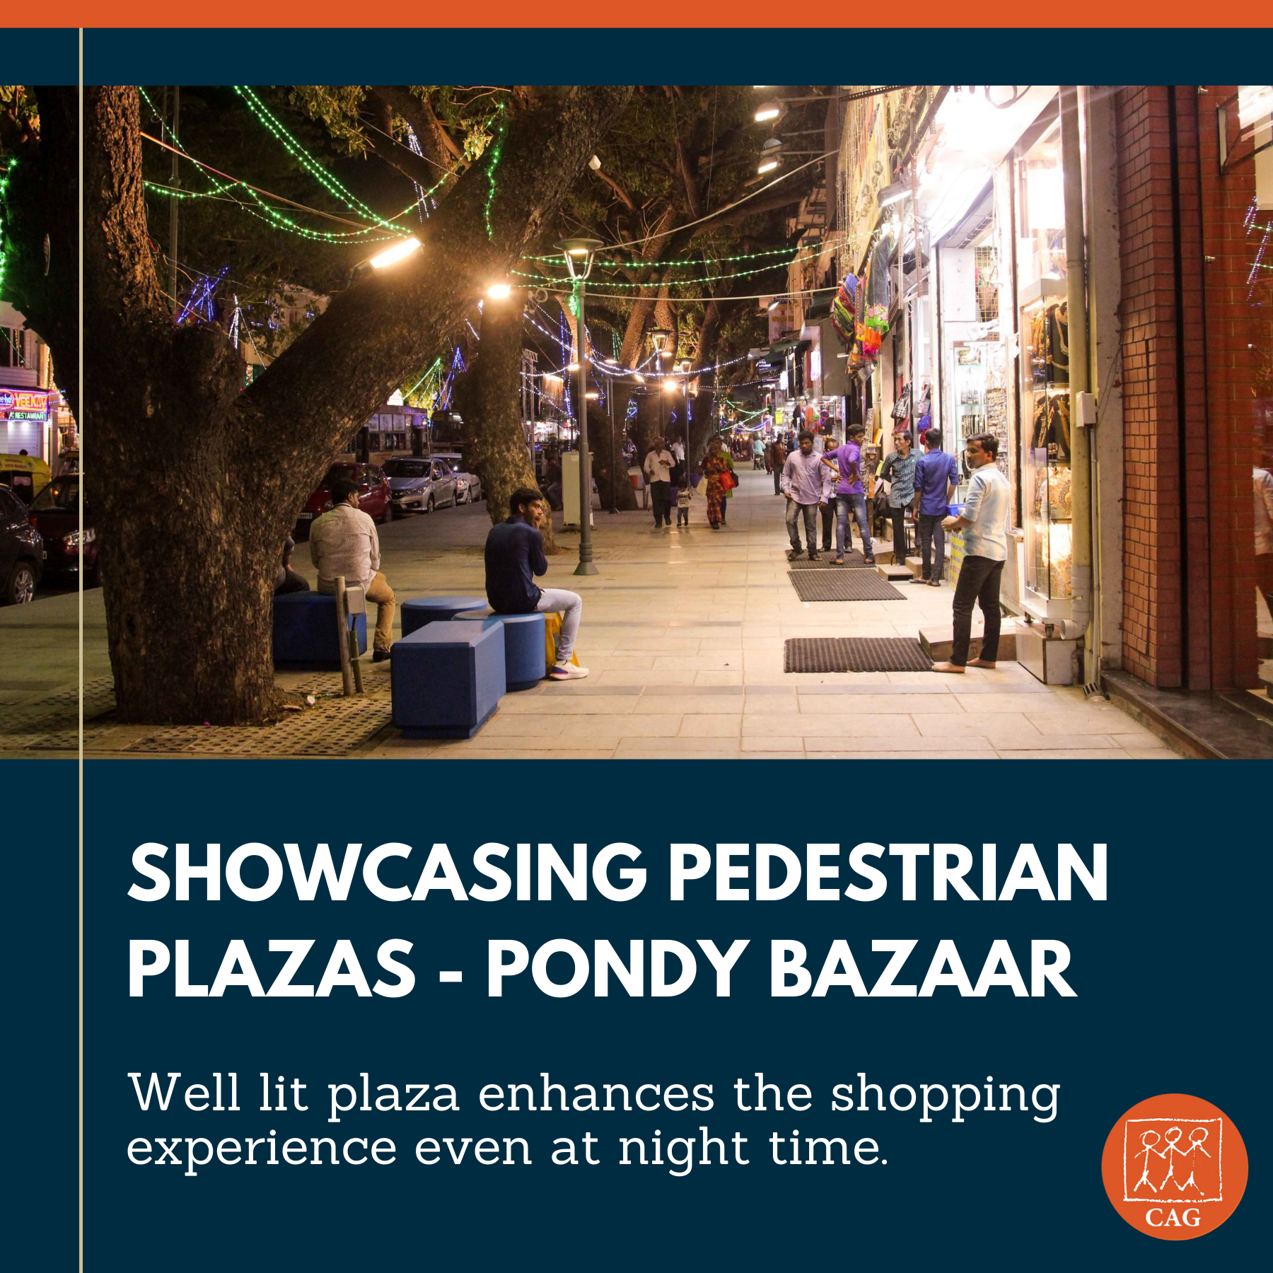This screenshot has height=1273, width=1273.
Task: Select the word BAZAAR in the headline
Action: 922,969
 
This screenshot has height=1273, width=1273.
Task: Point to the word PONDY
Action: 616,969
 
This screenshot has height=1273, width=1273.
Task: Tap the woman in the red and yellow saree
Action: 716,483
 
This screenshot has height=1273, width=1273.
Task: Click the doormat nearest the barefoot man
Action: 856,654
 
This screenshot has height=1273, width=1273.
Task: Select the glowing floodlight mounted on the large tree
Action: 394,252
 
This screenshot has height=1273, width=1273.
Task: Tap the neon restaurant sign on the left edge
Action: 24,405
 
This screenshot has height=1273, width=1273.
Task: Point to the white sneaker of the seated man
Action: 568,670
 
